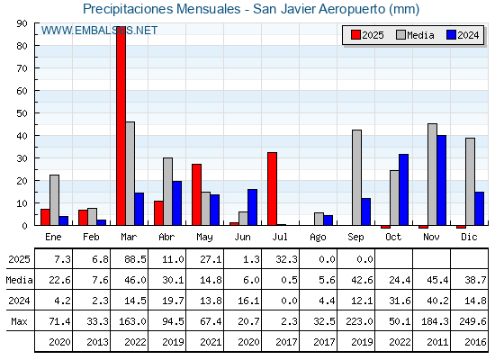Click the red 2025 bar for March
point(121,126)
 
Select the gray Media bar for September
point(356,177)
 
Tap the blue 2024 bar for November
point(441,180)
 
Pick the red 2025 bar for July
point(272,189)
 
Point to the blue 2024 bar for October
point(404,190)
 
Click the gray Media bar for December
point(470,182)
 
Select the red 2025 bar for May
point(197,194)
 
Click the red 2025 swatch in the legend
point(355,35)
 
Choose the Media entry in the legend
point(415,35)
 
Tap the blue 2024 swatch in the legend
point(451,35)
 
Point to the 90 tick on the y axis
point(22,23)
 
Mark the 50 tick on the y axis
point(22,113)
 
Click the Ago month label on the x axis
point(318,238)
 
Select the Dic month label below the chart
point(469,237)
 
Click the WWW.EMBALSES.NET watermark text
point(99,31)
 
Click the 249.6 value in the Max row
point(472,321)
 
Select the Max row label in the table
point(19,321)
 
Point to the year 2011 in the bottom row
point(437,342)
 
